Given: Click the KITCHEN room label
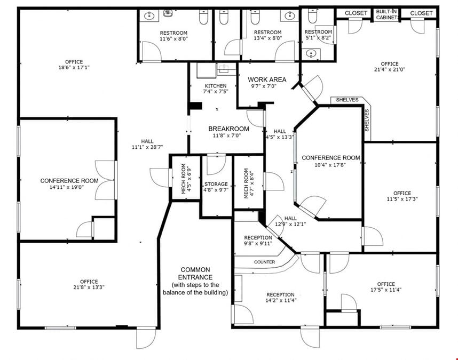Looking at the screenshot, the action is [216, 86].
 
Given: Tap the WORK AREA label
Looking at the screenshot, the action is [267, 79].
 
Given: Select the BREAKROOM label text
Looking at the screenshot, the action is [228, 129].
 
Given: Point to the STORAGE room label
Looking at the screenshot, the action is [216, 184].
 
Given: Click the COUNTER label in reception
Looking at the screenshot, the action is [264, 262].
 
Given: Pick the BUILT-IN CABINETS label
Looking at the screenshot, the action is [387, 14].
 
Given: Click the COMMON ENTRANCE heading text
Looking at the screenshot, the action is [195, 274].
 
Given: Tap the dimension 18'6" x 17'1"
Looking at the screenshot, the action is [74, 67].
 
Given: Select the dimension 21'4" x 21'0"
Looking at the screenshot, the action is [390, 69].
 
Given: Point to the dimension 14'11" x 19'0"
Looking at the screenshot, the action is [67, 187].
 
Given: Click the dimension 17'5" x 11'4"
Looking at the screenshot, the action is [386, 290].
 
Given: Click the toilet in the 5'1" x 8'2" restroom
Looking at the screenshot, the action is [312, 16].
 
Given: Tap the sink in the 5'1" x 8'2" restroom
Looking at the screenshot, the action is [311, 54].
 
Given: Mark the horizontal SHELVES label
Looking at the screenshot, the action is [347, 100].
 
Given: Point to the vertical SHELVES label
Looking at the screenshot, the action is [367, 120].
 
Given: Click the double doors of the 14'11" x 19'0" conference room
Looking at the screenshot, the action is [106, 180].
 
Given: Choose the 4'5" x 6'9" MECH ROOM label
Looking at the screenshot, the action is [187, 179].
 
